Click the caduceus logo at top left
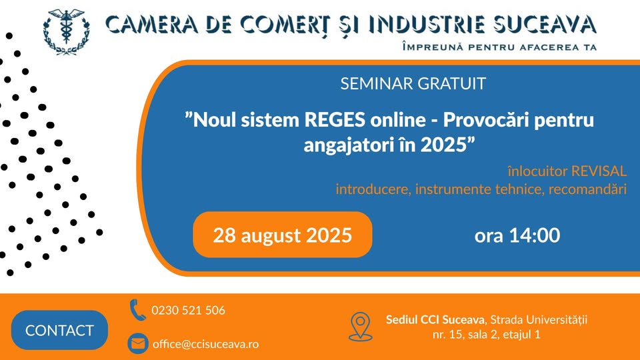coord(67,32)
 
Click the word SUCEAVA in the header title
coord(545,24)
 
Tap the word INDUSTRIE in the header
coord(427,24)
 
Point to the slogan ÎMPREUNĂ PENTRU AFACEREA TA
coord(499,47)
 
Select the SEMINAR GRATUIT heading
coord(413,84)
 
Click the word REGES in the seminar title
coord(335,120)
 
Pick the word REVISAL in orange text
coord(599,171)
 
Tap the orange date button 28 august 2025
coord(283,235)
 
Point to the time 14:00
coord(534,235)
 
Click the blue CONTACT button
coord(59,330)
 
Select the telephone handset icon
coord(137,310)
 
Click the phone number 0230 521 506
coord(188,311)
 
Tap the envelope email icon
coord(138,344)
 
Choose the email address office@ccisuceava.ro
coord(206,344)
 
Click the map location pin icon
coord(361,327)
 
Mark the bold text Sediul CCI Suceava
coord(435,319)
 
